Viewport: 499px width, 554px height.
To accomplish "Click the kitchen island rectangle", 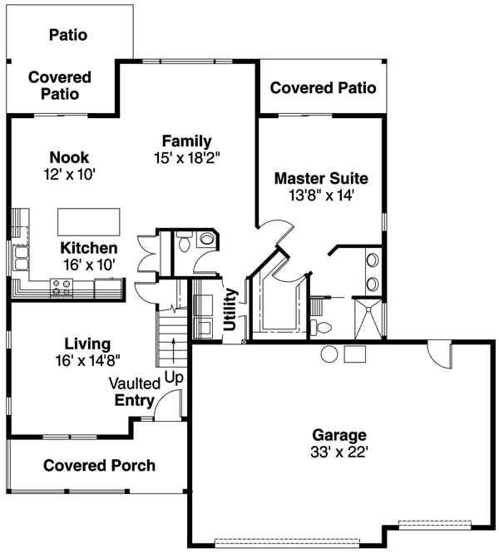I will pos(87,222).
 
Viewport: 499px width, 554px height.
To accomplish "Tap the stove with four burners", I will pos(62,288).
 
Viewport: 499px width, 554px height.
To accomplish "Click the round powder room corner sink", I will pos(208,240).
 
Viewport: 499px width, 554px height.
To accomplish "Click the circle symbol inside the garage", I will pos(329,353).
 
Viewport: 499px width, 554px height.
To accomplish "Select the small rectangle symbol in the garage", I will pos(355,354).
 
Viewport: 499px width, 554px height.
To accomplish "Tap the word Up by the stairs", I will pos(173,377).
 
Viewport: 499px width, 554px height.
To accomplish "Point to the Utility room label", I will pos(231,309).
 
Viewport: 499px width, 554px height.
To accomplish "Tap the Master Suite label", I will pos(320,178).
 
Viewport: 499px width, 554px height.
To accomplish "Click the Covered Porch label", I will pos(99,465).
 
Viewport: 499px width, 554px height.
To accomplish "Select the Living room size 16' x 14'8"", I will pos(87,361).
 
